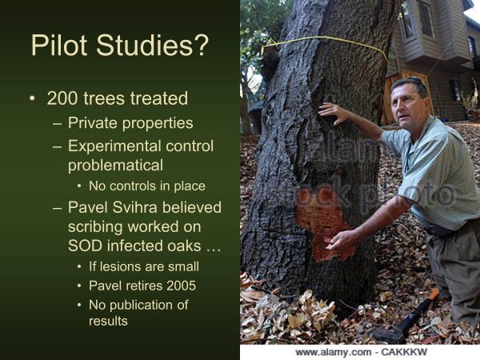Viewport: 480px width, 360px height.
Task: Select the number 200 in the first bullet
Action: pyautogui.click(x=62, y=99)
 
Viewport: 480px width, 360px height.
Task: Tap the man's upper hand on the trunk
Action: pyautogui.click(x=334, y=114)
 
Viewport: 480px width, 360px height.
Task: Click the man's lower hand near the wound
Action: pyautogui.click(x=343, y=238)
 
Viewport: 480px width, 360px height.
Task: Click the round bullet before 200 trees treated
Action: pyautogui.click(x=32, y=99)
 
